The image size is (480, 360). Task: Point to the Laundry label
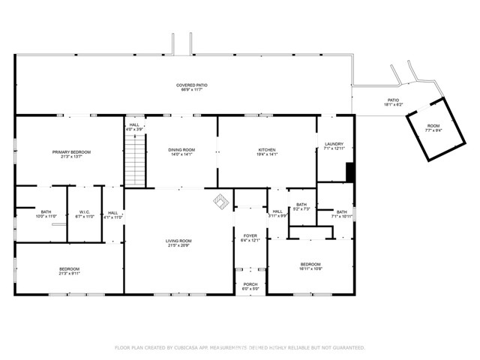(x=334, y=146)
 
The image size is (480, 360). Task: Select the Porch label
(x=250, y=286)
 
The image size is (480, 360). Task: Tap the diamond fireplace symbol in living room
(x=220, y=201)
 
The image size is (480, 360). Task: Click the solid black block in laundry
(x=349, y=172)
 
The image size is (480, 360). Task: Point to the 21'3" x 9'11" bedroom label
(x=69, y=271)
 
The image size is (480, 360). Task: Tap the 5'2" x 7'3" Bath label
(x=301, y=206)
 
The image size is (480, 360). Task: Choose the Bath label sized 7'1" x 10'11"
(x=342, y=214)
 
